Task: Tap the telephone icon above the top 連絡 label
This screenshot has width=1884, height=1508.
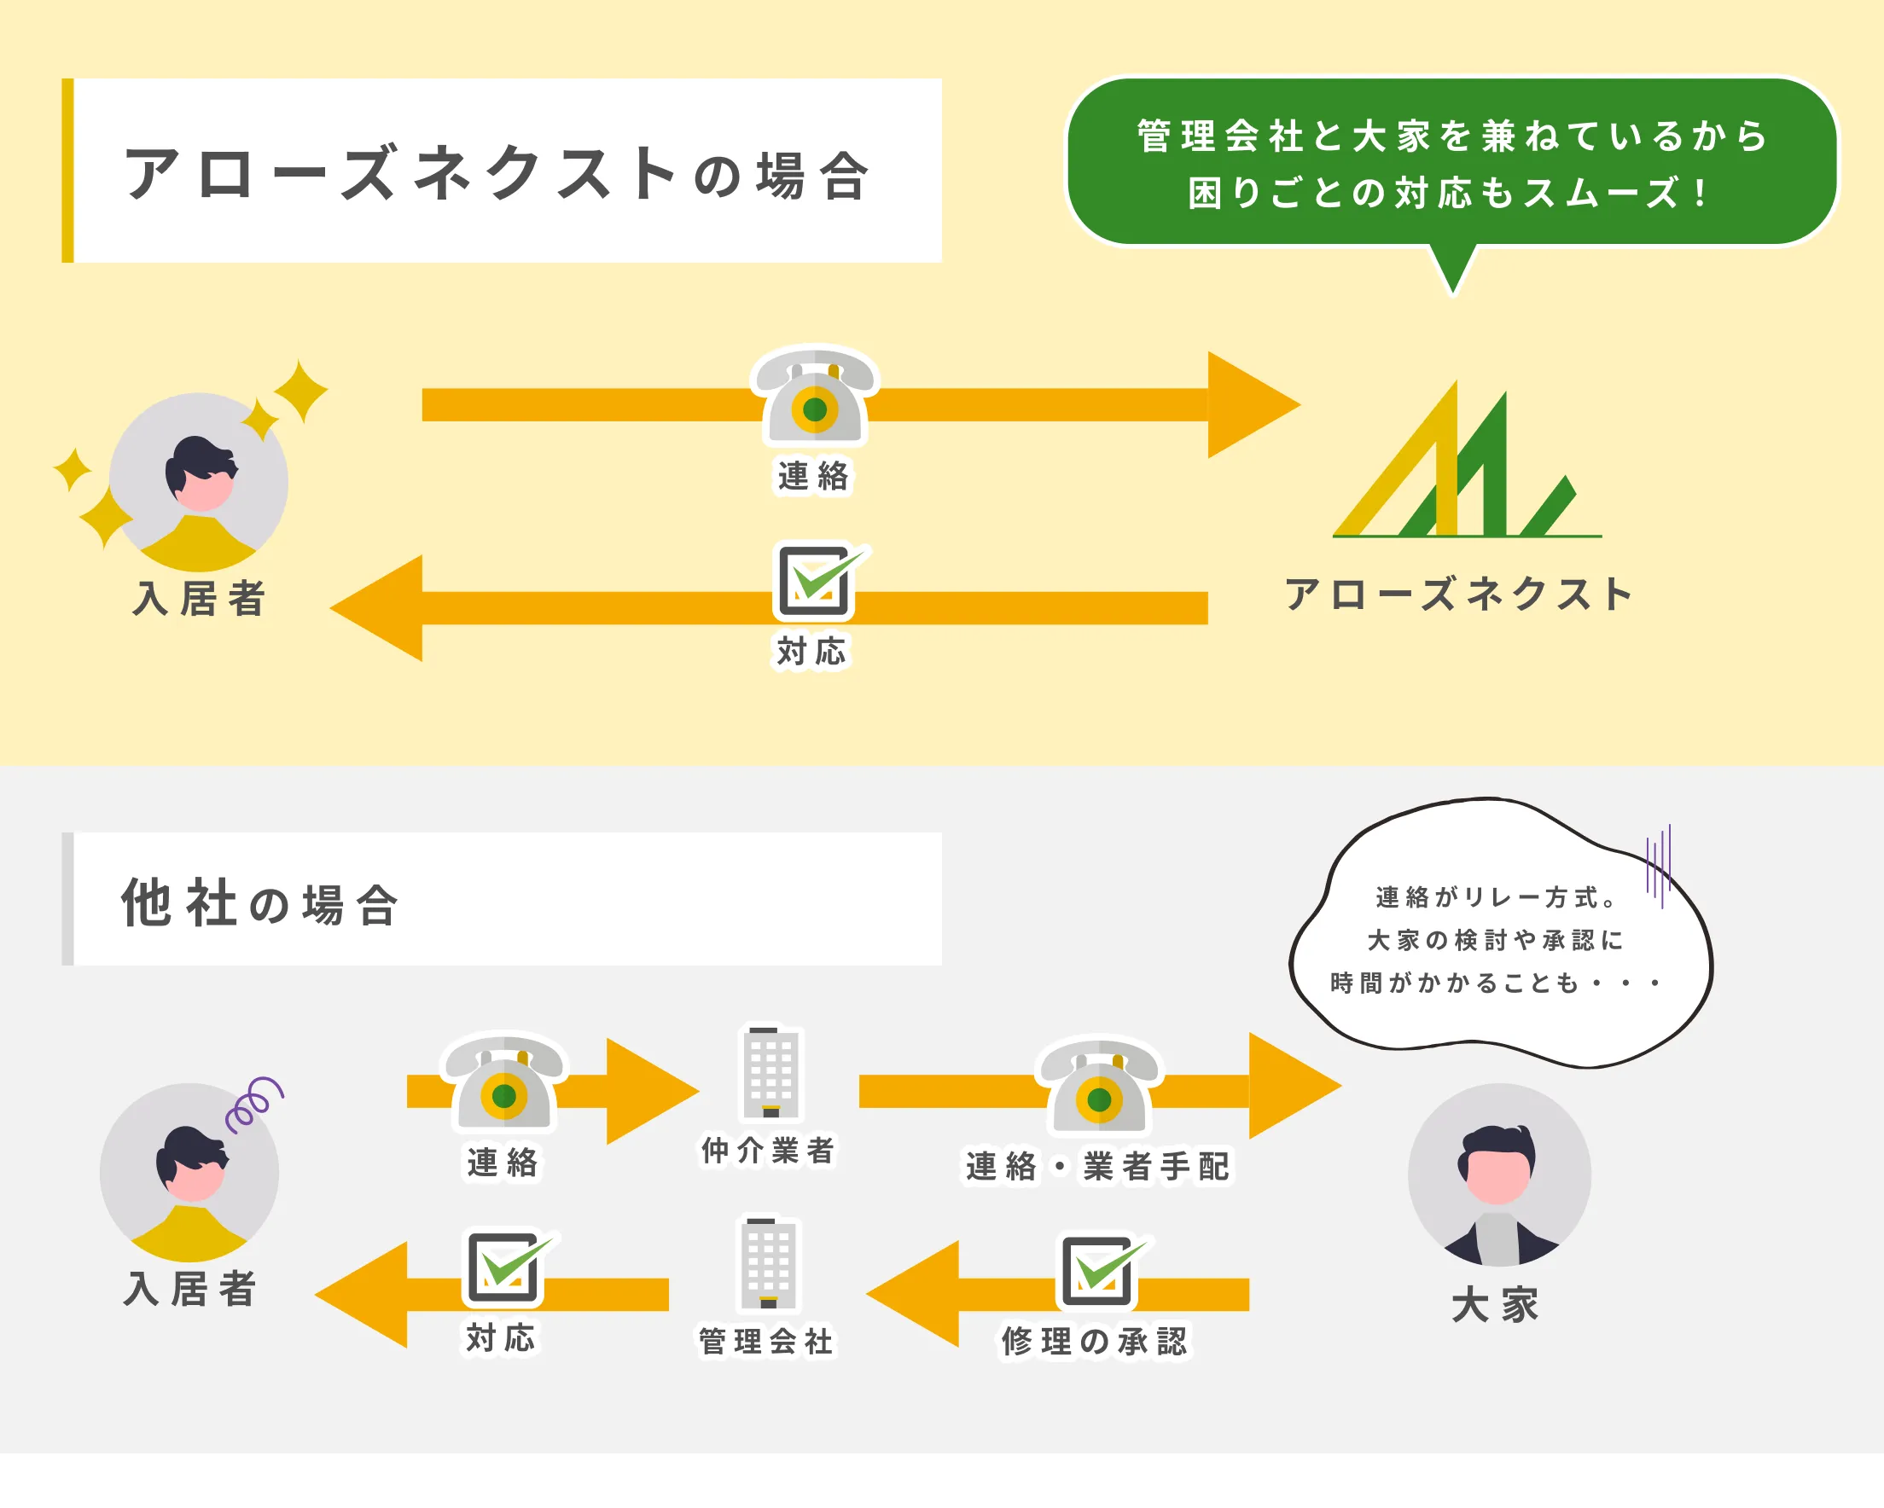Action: [814, 397]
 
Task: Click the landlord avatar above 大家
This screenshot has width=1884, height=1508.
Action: [1498, 1174]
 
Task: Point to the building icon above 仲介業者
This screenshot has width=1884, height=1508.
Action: [770, 1073]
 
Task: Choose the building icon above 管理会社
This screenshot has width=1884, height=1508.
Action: [768, 1263]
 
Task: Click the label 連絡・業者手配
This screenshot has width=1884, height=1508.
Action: [1097, 1166]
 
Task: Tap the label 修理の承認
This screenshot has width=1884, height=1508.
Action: [1095, 1341]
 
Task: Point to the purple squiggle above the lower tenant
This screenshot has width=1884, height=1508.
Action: [253, 1105]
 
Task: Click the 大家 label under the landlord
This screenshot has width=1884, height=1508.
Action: [1495, 1305]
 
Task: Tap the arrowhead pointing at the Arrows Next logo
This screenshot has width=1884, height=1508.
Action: [1249, 404]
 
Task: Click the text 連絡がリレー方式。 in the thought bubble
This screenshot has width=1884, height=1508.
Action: [1496, 897]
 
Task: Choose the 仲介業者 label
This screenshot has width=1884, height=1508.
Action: [768, 1151]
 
